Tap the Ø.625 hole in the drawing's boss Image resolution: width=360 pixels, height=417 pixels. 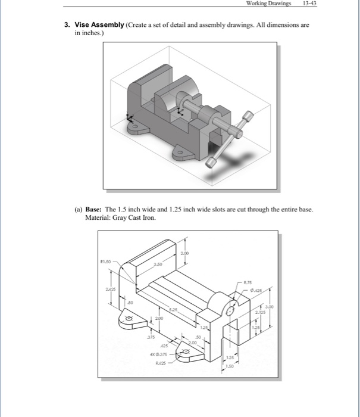[x=230, y=310]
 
